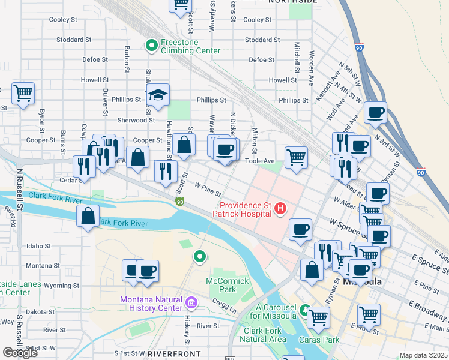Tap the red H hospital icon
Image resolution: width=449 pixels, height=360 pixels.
(279, 209)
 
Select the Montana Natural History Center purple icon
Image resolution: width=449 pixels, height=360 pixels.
(191, 301)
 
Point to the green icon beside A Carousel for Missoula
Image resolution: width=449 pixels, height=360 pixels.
(306, 311)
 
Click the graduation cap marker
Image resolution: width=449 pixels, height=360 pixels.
(158, 95)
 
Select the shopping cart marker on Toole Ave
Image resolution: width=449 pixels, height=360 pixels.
(296, 158)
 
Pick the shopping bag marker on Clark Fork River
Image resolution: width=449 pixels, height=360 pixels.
(88, 217)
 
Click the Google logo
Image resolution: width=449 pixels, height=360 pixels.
(20, 352)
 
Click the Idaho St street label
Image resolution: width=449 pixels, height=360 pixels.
(38, 246)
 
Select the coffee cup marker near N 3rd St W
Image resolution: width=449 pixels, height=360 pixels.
(376, 113)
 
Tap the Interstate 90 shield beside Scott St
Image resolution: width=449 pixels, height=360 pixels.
(179, 202)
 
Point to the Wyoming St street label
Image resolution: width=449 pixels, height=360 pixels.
(58, 286)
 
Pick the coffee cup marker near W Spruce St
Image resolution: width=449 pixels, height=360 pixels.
(300, 229)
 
